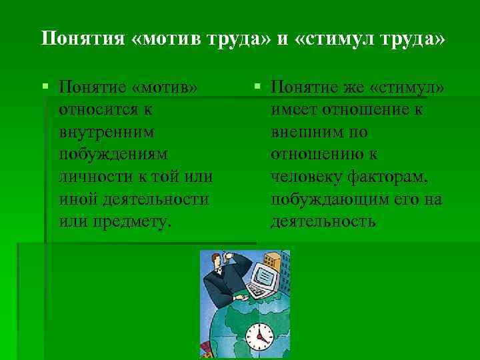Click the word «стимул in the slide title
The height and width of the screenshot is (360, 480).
coord(337,38)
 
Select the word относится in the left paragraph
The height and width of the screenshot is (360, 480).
coord(99,108)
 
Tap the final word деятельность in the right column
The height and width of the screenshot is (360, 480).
coord(323,221)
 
